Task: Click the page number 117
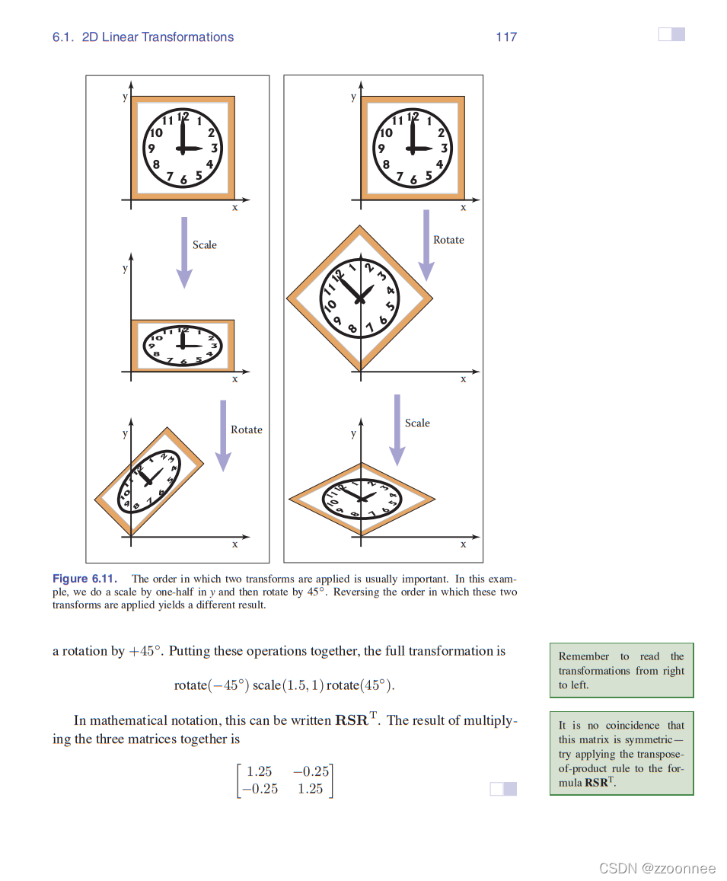click(x=506, y=37)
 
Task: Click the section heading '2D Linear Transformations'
click(x=158, y=37)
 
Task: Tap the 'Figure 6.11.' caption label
click(x=84, y=579)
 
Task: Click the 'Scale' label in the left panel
click(x=204, y=244)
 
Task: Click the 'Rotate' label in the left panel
click(x=246, y=429)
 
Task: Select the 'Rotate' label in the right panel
click(x=448, y=240)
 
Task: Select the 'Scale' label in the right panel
click(x=417, y=423)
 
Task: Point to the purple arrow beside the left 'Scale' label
click(x=183, y=252)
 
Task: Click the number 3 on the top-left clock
click(x=215, y=148)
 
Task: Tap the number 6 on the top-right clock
click(x=413, y=181)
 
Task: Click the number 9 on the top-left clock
click(x=151, y=149)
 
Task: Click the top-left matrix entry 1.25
click(x=259, y=772)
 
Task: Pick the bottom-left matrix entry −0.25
click(x=259, y=789)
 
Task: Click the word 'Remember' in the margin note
click(x=584, y=656)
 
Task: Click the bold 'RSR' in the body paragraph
click(x=352, y=720)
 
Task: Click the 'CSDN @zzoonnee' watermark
click(x=657, y=868)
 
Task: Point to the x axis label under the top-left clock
click(x=234, y=207)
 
